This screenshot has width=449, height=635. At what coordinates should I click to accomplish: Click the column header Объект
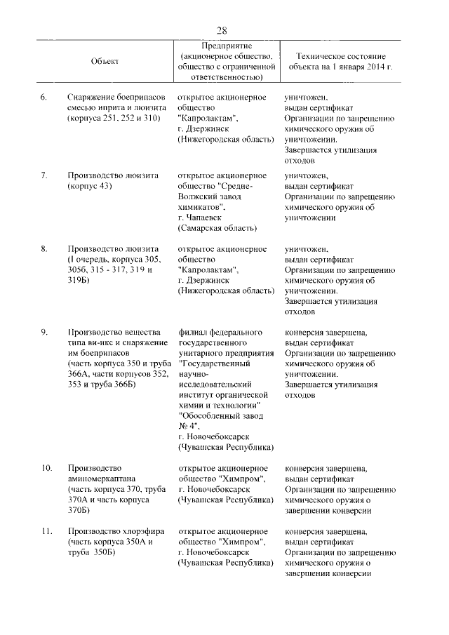(105, 61)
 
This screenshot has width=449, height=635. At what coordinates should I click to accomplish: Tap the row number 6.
(43, 97)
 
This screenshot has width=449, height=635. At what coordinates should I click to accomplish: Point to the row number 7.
(43, 175)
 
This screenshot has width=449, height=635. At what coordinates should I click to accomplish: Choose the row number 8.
(43, 249)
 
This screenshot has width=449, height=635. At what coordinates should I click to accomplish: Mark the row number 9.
(43, 331)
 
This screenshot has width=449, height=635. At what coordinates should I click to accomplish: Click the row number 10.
(46, 468)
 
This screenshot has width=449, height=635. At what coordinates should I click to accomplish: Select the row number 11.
(46, 531)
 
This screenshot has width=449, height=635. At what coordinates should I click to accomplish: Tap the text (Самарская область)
(217, 228)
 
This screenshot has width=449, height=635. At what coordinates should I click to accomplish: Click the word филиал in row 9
(192, 331)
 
